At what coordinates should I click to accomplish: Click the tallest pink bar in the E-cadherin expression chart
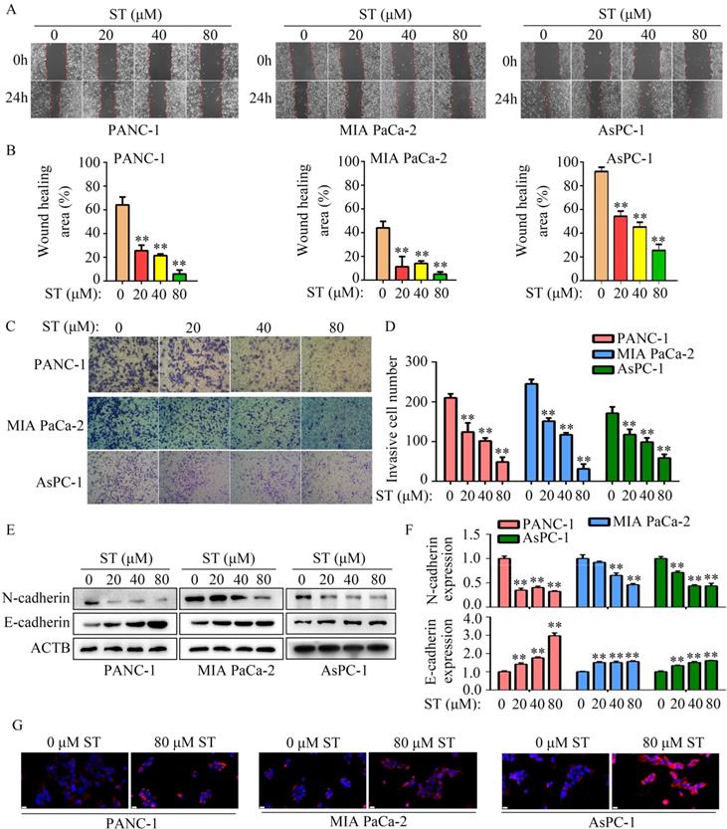555,661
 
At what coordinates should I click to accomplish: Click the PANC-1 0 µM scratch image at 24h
57,99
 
